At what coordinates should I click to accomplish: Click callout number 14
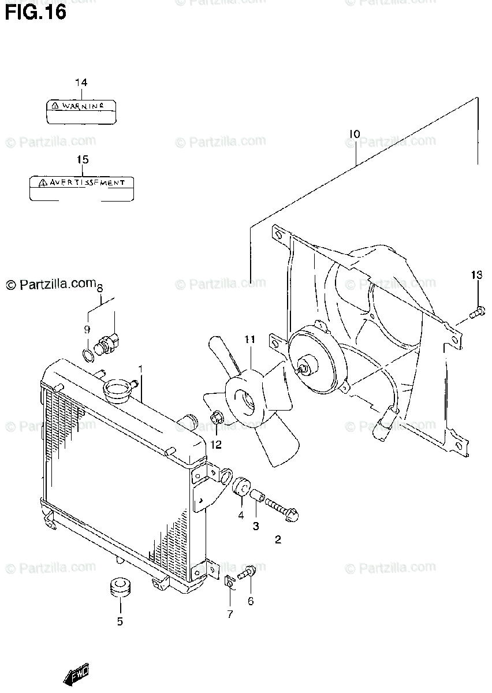tap(81, 83)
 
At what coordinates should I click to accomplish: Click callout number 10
tap(354, 134)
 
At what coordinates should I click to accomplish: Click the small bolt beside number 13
tap(476, 312)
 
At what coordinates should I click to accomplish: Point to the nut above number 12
tap(217, 417)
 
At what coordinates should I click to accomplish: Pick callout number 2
tap(278, 540)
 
